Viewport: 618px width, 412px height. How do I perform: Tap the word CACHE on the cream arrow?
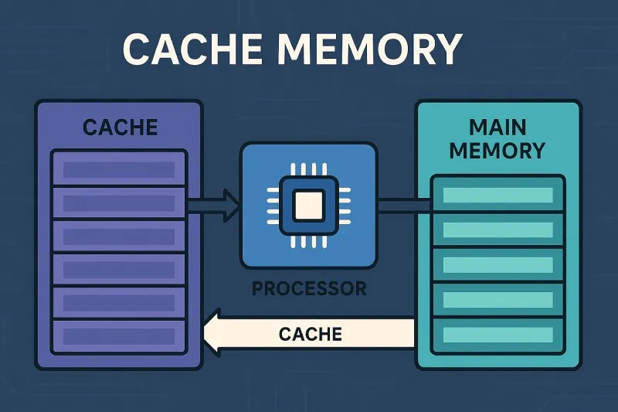[x=310, y=334]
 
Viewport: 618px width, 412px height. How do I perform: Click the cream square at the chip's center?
[x=309, y=205]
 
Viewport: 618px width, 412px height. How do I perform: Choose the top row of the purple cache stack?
[x=117, y=169]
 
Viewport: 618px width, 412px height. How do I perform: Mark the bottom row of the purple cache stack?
[x=117, y=336]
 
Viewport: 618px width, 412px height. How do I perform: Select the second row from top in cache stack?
[x=117, y=203]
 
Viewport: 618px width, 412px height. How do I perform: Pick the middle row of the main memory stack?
[x=497, y=265]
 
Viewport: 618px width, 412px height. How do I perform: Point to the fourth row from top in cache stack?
[x=117, y=270]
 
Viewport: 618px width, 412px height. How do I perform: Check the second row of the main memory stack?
[x=497, y=230]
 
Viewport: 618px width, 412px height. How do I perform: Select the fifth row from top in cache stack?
[x=117, y=303]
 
